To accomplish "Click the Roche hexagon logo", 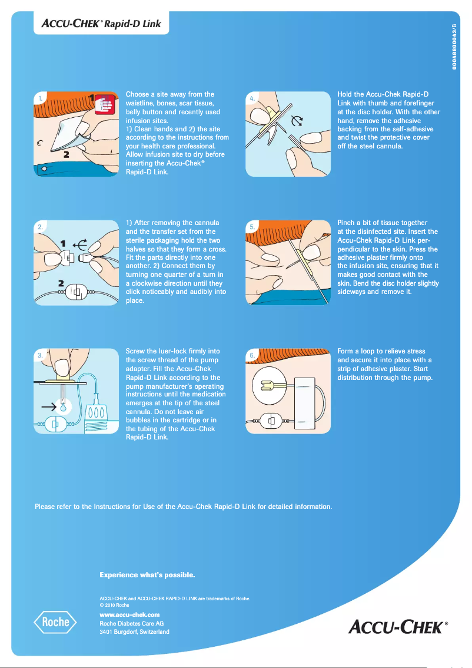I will (55, 621).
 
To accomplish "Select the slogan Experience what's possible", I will (147, 574).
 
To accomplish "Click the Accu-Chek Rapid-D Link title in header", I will (101, 25).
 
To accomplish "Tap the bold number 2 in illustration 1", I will (67, 155).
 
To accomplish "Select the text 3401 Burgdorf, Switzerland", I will (134, 631).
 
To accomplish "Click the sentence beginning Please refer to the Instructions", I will (184, 506).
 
